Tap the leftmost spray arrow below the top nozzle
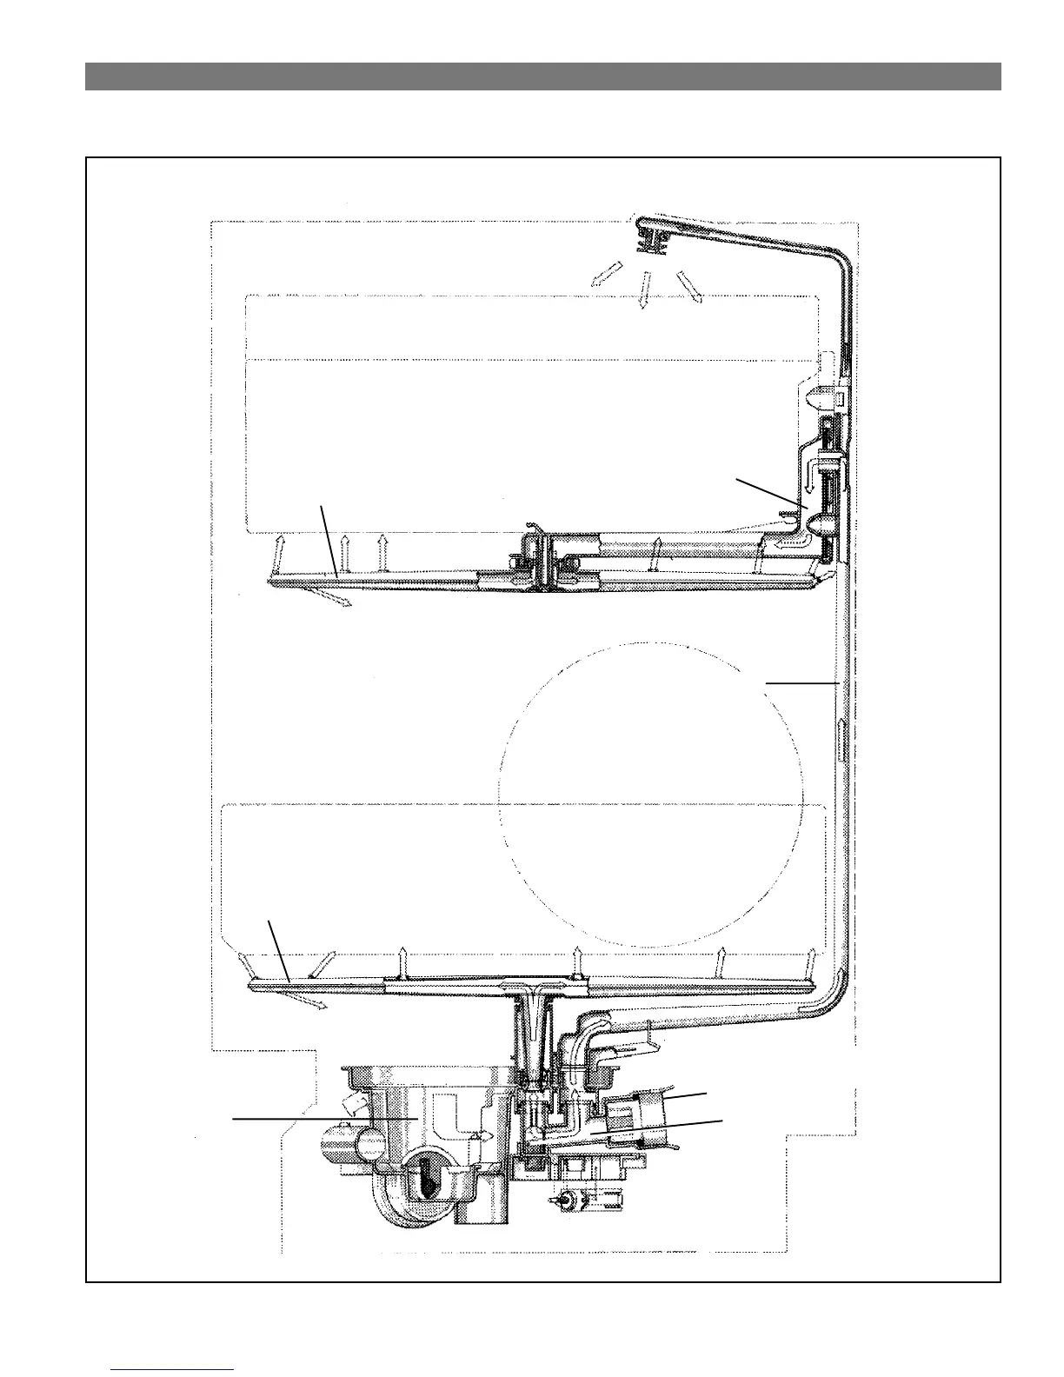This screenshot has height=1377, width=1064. [x=602, y=276]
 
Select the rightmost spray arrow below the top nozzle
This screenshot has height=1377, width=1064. [x=688, y=286]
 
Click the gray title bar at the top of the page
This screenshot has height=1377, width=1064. [x=542, y=76]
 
